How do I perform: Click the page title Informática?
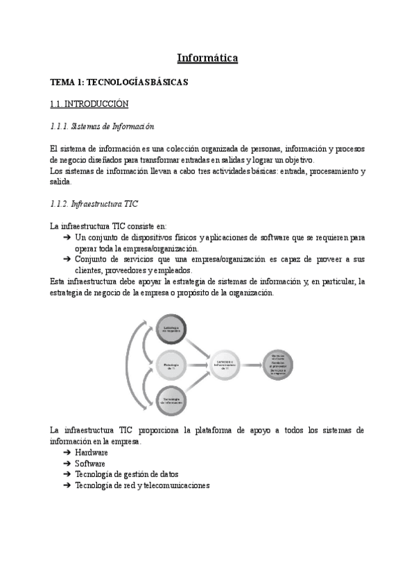pyautogui.click(x=207, y=58)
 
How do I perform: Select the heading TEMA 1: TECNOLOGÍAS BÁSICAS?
pyautogui.click(x=119, y=82)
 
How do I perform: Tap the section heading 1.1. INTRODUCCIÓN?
pyautogui.click(x=89, y=104)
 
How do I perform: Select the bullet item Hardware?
pyautogui.click(x=92, y=452)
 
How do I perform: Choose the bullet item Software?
pyautogui.click(x=90, y=463)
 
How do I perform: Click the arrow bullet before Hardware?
pyautogui.click(x=67, y=452)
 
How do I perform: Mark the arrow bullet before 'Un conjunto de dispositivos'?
pyautogui.click(x=67, y=237)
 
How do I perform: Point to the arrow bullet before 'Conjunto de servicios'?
pyautogui.click(x=67, y=259)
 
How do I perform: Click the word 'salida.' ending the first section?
pyautogui.click(x=61, y=182)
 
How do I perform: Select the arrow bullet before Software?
pyautogui.click(x=67, y=463)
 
